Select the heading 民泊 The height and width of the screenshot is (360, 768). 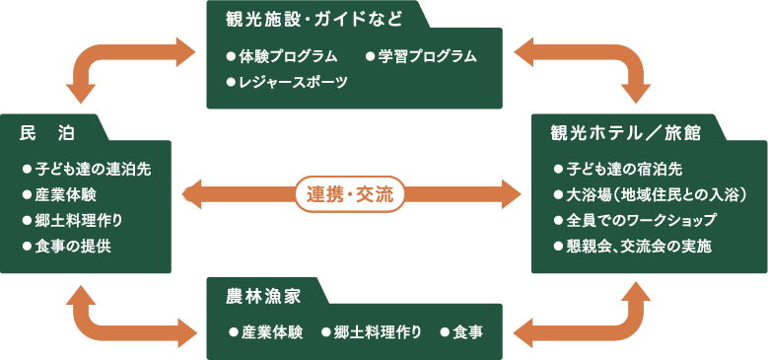(x=48, y=131)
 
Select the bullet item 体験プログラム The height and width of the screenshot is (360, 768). (x=287, y=56)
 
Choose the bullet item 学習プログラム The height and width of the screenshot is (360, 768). (x=427, y=56)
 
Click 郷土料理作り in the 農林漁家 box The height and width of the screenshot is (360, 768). (x=377, y=332)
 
